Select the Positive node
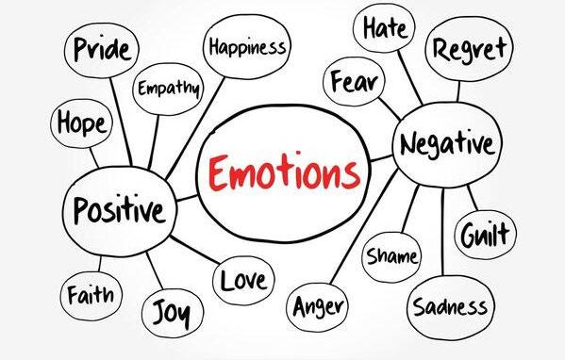pos(118,208)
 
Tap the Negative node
pos(446,144)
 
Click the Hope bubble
pos(80,123)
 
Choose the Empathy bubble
pos(169,90)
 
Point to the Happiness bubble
pos(247,45)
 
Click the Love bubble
pos(244,279)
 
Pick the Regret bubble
pos(470,47)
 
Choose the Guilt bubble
pos(486,236)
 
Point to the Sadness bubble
pos(449,306)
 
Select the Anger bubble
pos(318,306)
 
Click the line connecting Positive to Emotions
pos(187,198)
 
